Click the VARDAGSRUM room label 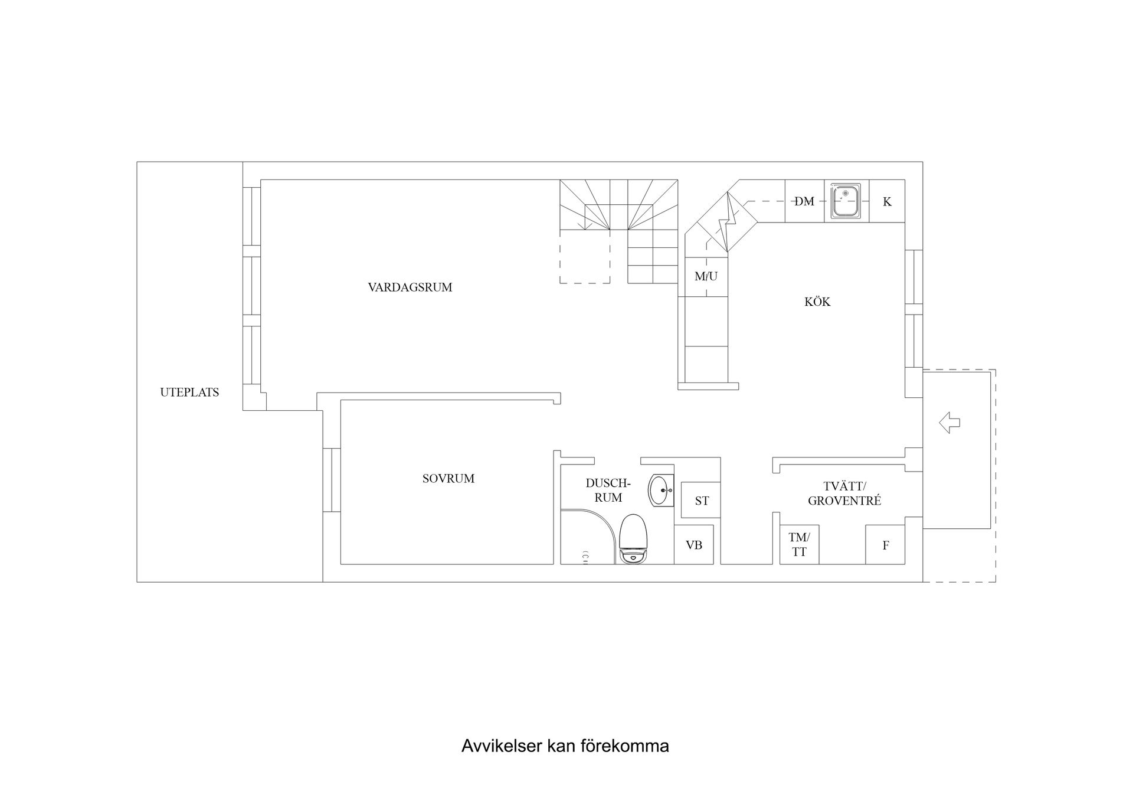pos(410,287)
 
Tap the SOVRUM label pos(448,479)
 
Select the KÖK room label pos(817,302)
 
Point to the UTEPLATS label pos(189,393)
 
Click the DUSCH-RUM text pos(608,491)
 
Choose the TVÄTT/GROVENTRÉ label pos(844,494)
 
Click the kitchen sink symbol pos(846,201)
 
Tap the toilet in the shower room pos(634,539)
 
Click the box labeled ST pos(701,501)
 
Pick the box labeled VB pos(694,545)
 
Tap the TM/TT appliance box pos(799,545)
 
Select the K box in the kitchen pos(887,201)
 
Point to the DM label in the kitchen pos(804,201)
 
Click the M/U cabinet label pos(706,276)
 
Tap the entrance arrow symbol pos(949,423)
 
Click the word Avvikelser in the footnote pos(502,747)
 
